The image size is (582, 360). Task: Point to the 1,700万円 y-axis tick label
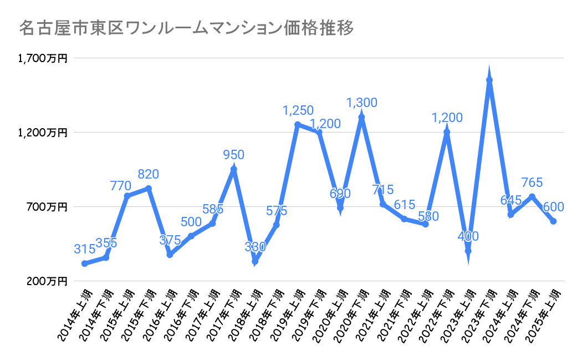pos(42,58)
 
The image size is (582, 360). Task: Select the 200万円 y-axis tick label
pos(47,281)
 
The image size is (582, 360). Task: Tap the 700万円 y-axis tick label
pos(47,207)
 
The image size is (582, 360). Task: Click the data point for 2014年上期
pos(84,263)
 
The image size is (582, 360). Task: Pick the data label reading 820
pos(148,174)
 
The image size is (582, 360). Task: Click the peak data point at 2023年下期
pos(489,80)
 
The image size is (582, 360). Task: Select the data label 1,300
pos(361,103)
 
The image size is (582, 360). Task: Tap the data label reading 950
pos(234,155)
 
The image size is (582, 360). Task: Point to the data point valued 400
pos(468,251)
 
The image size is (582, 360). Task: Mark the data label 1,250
pos(298,110)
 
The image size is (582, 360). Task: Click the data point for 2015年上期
pos(127,196)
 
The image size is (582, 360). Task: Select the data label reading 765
pos(532,182)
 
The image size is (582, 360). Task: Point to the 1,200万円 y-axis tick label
pos(42,133)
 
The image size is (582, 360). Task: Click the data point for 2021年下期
pos(404,219)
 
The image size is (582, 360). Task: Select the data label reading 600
pos(553,207)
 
